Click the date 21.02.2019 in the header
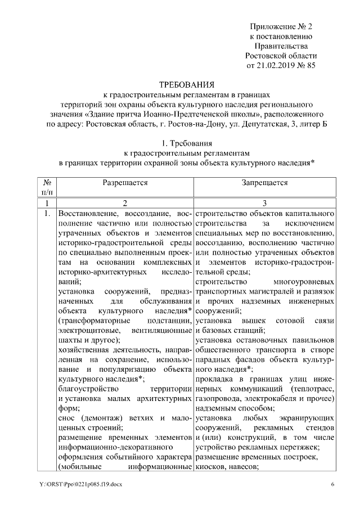[x=276, y=65]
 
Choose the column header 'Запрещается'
[x=265, y=183]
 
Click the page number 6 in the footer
[x=332, y=485]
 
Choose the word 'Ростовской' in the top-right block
[x=267, y=56]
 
